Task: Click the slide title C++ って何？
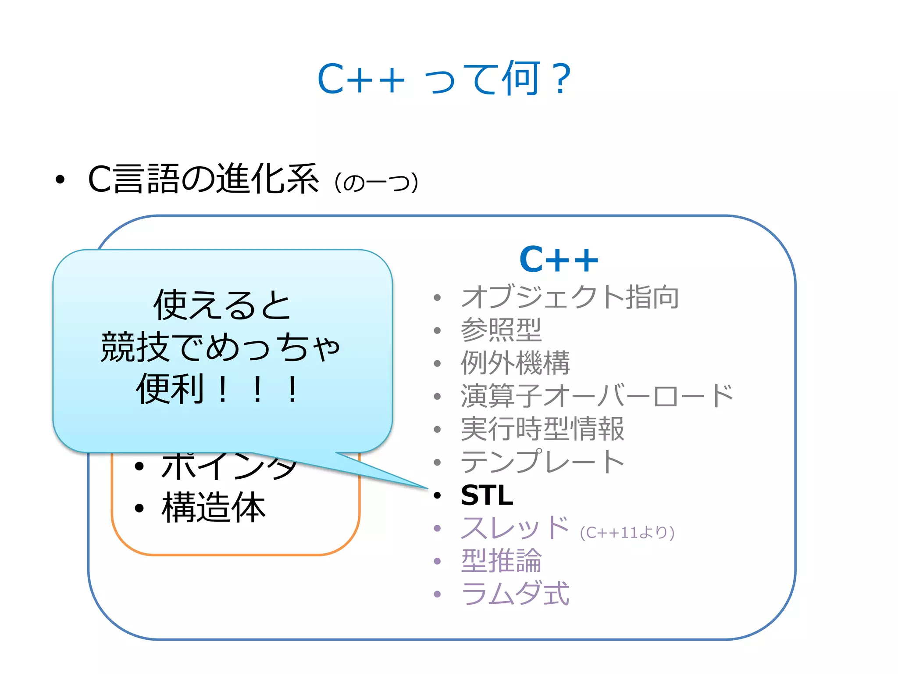(444, 79)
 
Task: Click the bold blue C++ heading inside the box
(558, 260)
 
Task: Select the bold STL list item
(487, 495)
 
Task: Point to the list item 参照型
(501, 330)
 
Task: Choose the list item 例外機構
(515, 363)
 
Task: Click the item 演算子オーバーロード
(596, 396)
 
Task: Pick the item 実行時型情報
(542, 429)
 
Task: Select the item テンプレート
(542, 462)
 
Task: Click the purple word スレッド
(514, 528)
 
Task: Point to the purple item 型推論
(501, 561)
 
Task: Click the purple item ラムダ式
(515, 594)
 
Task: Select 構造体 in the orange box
(214, 508)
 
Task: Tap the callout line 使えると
(222, 305)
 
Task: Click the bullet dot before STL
(437, 495)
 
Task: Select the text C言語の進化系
(203, 179)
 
